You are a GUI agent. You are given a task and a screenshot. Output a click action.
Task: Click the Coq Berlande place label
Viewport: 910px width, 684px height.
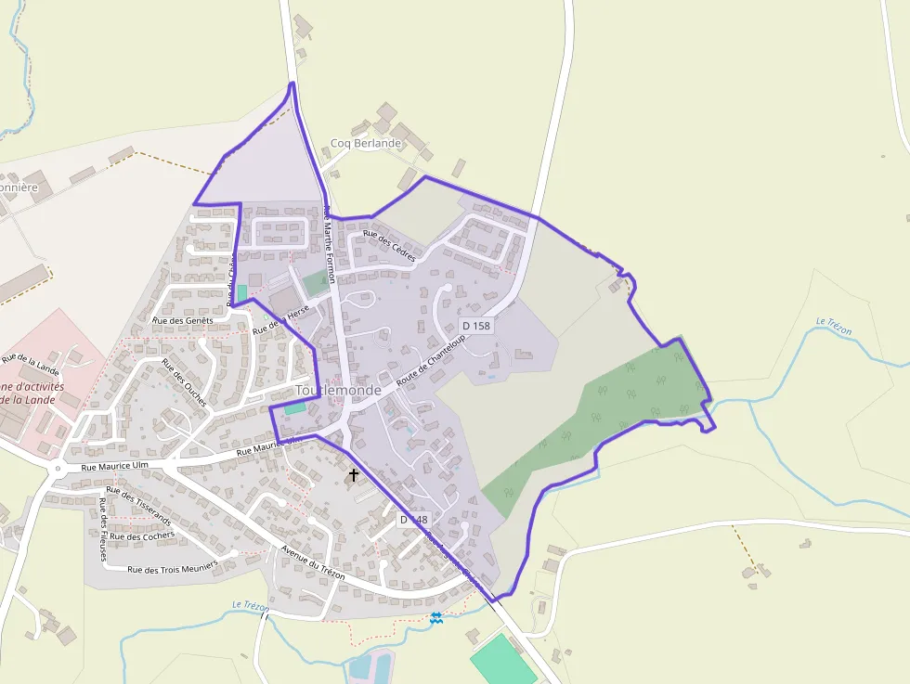click(366, 144)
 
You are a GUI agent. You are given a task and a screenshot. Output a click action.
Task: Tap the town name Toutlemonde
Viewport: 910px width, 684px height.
click(337, 391)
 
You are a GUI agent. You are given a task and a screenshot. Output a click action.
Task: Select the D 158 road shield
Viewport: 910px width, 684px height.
click(475, 326)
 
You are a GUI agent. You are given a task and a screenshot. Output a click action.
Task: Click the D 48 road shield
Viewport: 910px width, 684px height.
click(414, 520)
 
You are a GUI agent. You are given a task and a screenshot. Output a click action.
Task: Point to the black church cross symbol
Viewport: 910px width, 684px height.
click(353, 475)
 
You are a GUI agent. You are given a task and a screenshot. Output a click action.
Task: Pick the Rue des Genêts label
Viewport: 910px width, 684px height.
click(182, 320)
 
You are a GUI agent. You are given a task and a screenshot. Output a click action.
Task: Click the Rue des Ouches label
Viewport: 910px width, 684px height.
click(184, 377)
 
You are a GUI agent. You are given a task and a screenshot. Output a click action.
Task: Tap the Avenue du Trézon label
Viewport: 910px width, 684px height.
click(313, 562)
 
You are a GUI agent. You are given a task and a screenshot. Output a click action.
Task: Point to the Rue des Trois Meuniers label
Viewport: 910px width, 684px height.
click(172, 568)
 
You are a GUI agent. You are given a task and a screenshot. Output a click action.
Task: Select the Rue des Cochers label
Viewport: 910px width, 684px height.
click(142, 536)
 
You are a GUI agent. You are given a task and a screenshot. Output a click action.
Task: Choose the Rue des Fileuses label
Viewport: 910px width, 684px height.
click(102, 530)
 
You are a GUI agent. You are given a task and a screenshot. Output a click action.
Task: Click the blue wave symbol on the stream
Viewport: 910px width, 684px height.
click(436, 617)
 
